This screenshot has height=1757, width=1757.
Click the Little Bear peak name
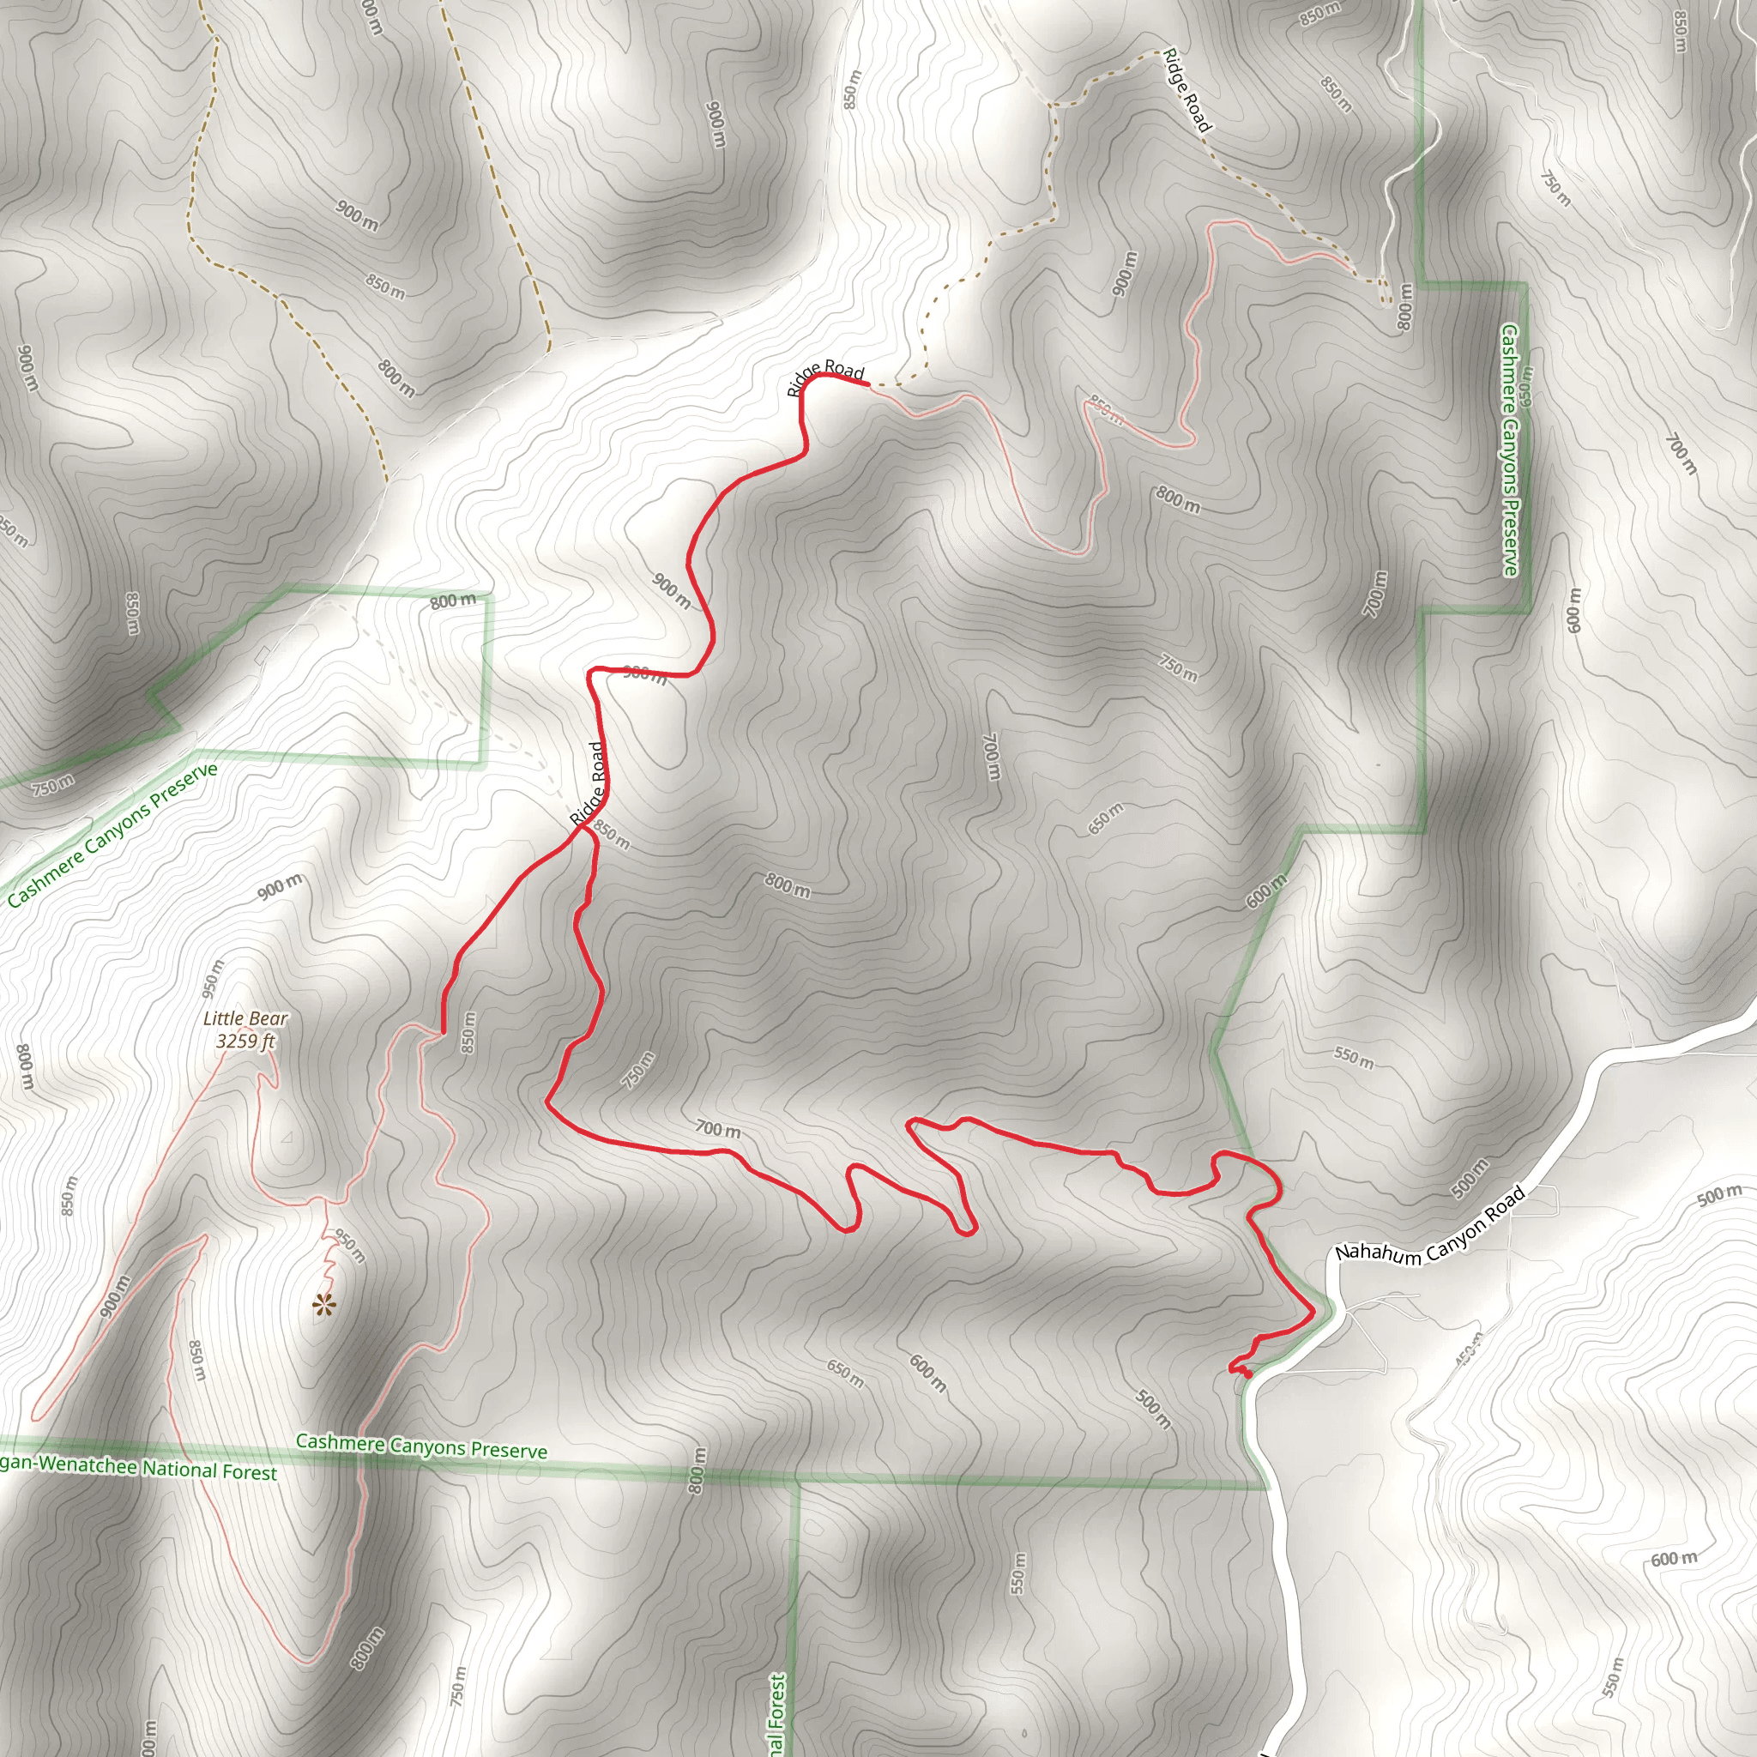[x=245, y=1018]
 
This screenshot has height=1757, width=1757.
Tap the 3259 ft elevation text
[x=245, y=1042]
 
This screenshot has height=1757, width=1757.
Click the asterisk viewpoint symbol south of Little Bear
[x=323, y=1307]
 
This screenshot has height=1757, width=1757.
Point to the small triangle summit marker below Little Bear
[x=287, y=1138]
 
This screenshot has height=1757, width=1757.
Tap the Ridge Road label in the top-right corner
[x=1186, y=90]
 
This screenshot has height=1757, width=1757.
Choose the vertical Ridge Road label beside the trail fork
[x=589, y=784]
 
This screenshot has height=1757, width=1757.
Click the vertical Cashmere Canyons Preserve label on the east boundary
[x=1511, y=450]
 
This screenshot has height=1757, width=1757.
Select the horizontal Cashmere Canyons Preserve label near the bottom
[x=421, y=1446]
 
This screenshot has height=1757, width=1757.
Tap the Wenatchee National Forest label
[x=136, y=1467]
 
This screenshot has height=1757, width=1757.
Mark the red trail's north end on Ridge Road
[x=868, y=384]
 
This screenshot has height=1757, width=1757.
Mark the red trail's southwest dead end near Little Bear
[x=443, y=1032]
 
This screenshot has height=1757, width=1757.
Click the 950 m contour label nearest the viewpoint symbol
[x=351, y=1246]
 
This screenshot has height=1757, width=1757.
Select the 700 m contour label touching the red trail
[x=717, y=1130]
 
